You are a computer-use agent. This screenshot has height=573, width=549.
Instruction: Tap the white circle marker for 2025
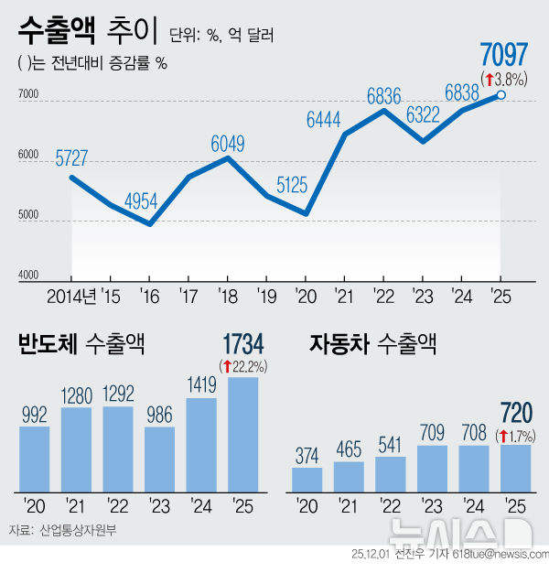point(501,94)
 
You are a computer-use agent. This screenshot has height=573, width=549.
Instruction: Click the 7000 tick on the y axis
point(28,94)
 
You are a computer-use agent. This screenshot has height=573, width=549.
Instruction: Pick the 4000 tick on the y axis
point(28,275)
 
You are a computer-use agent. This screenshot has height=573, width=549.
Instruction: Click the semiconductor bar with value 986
point(159,458)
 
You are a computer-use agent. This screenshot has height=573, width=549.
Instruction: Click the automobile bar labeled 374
point(307,479)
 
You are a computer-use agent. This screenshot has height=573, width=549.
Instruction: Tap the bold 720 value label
point(514,413)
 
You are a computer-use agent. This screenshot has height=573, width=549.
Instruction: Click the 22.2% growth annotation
point(243,366)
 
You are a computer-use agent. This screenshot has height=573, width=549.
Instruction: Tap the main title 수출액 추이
point(88,36)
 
